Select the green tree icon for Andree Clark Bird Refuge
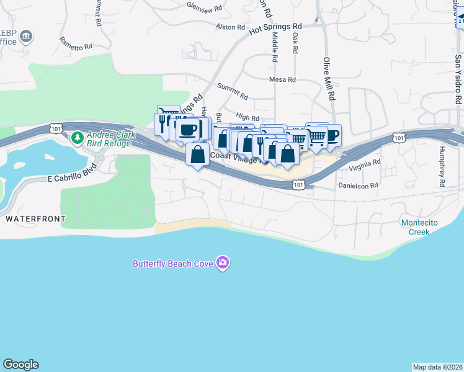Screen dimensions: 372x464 tap(78, 137)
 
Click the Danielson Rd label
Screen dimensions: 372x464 tap(358, 185)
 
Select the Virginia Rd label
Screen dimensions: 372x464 tap(364, 165)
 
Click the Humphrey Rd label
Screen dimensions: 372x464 tap(442, 166)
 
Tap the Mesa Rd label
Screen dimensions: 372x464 tap(282, 79)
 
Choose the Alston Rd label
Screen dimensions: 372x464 tap(230, 27)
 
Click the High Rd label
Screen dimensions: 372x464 tap(247, 117)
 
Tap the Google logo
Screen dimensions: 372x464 tap(20, 365)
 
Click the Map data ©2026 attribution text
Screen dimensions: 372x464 tap(437, 367)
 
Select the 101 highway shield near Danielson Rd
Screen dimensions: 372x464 tap(299, 184)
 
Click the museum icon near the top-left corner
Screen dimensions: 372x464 tap(27, 36)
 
